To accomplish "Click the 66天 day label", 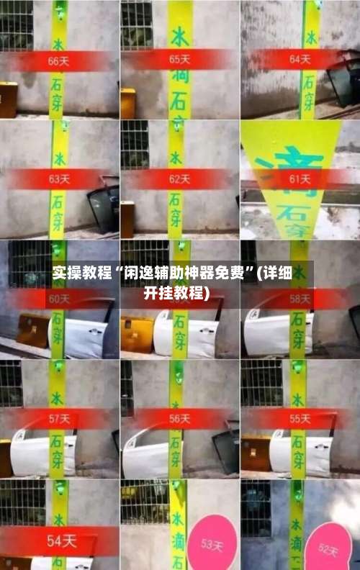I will pyautogui.click(x=58, y=61).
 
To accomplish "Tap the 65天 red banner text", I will pyautogui.click(x=180, y=59).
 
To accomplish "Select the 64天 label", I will pyautogui.click(x=300, y=59).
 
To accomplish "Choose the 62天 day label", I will pyautogui.click(x=180, y=178).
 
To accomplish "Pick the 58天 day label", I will pyautogui.click(x=300, y=298).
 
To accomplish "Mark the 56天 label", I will pyautogui.click(x=180, y=418).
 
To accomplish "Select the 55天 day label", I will pyautogui.click(x=300, y=418).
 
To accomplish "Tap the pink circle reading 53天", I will pyautogui.click(x=211, y=543).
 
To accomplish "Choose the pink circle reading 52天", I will pyautogui.click(x=328, y=548).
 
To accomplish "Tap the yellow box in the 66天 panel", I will pyautogui.click(x=8, y=99).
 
